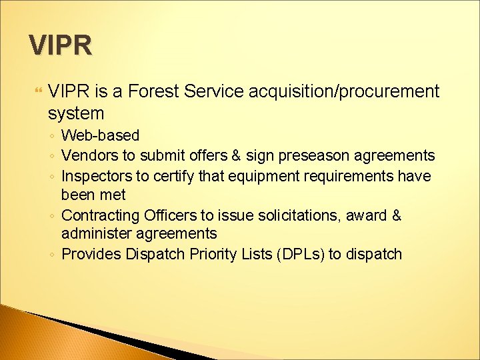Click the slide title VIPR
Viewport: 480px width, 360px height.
[x=61, y=45]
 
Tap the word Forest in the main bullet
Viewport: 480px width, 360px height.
[x=150, y=91]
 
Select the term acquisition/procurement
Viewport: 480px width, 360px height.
[x=344, y=91]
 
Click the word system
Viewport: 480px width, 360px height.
[x=76, y=113]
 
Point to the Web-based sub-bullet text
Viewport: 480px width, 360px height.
[x=100, y=136]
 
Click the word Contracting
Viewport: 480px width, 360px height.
[x=98, y=216]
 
